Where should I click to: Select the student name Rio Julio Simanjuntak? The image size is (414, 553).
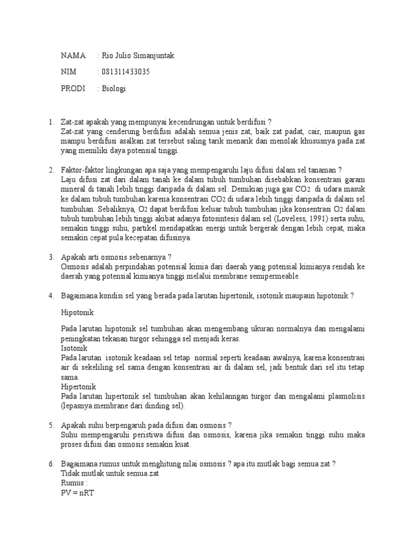pyautogui.click(x=139, y=56)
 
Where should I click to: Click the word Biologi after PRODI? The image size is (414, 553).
pyautogui.click(x=114, y=89)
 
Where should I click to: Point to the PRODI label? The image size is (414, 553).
pyautogui.click(x=73, y=89)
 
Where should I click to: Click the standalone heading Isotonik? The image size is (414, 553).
pyautogui.click(x=75, y=348)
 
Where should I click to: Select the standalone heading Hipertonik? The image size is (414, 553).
pyautogui.click(x=79, y=387)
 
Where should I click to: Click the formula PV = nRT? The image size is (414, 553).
pyautogui.click(x=78, y=493)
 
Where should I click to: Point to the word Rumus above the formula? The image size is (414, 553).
pyautogui.click(x=73, y=483)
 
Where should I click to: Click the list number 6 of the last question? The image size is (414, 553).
pyautogui.click(x=51, y=464)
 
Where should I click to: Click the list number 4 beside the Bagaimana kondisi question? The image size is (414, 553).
pyautogui.click(x=51, y=295)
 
